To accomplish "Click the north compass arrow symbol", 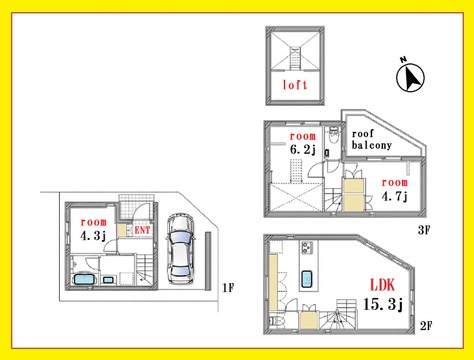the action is point(410,77).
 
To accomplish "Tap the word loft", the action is point(295,85).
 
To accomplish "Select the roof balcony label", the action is point(371,140).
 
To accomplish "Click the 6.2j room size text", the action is point(302,149).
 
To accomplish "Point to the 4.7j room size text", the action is point(395,196).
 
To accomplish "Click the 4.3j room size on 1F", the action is point(93,236).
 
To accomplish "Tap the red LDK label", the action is point(383,285).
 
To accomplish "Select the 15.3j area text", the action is point(383,304).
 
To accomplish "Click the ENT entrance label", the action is point(142,230).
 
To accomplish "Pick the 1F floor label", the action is point(228,287).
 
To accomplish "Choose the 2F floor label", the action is point(426,325).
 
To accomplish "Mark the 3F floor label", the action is point(424,230).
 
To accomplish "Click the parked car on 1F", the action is point(180,249).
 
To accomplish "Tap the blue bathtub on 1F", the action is point(85,279).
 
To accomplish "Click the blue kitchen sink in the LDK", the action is point(307,279).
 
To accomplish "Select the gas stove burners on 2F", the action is point(307,247).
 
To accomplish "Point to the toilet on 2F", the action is point(276,321).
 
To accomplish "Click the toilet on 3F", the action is point(333,136).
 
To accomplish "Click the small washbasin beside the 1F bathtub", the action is point(108,280).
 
